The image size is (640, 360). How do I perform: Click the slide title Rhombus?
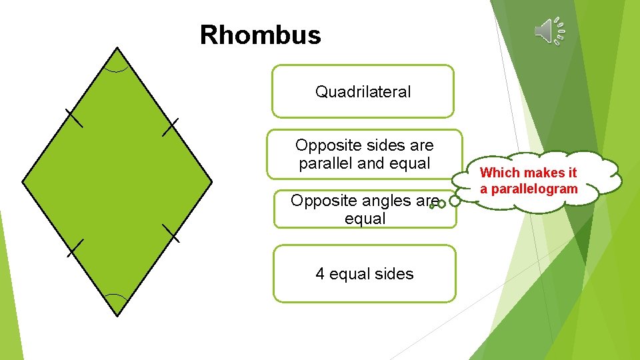coord(260,35)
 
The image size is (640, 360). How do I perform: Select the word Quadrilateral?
coord(363,92)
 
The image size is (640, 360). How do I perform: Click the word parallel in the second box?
coord(326,163)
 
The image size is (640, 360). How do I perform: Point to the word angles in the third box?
coord(390,200)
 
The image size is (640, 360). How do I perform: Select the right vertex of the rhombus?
coord(212,181)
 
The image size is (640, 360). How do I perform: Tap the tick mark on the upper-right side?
coord(171,127)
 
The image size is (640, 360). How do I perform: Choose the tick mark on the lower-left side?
coord(75,247)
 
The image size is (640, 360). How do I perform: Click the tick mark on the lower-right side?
coord(171,233)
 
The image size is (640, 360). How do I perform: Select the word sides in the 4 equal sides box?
coord(393,274)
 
